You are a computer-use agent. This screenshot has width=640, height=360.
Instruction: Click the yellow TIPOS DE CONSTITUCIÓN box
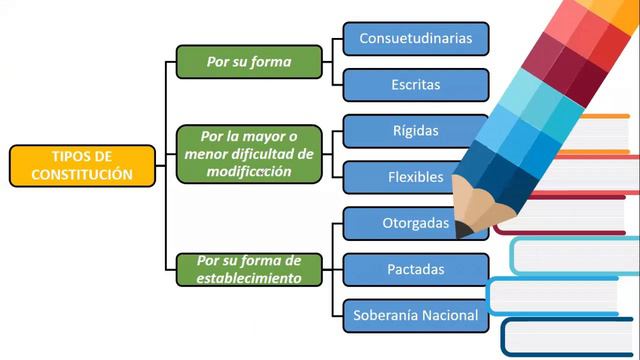tap(83, 165)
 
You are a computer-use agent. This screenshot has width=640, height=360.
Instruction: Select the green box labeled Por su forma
tap(249, 62)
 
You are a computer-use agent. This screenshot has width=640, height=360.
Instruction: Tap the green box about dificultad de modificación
tap(249, 154)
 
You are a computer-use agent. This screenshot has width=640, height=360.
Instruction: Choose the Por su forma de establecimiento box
tap(249, 270)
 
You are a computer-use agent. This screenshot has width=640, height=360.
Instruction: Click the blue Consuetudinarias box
tap(415, 39)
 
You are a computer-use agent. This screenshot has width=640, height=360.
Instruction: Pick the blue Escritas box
tap(415, 85)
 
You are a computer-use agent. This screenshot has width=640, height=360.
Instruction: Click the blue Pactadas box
tap(415, 269)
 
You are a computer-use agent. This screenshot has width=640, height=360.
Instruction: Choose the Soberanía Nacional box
tap(415, 315)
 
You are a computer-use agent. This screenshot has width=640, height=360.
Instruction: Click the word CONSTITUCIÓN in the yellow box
tap(82, 174)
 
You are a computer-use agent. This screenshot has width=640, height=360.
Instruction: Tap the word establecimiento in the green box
tap(249, 278)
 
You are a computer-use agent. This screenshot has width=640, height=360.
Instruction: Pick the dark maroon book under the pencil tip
tap(560, 215)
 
